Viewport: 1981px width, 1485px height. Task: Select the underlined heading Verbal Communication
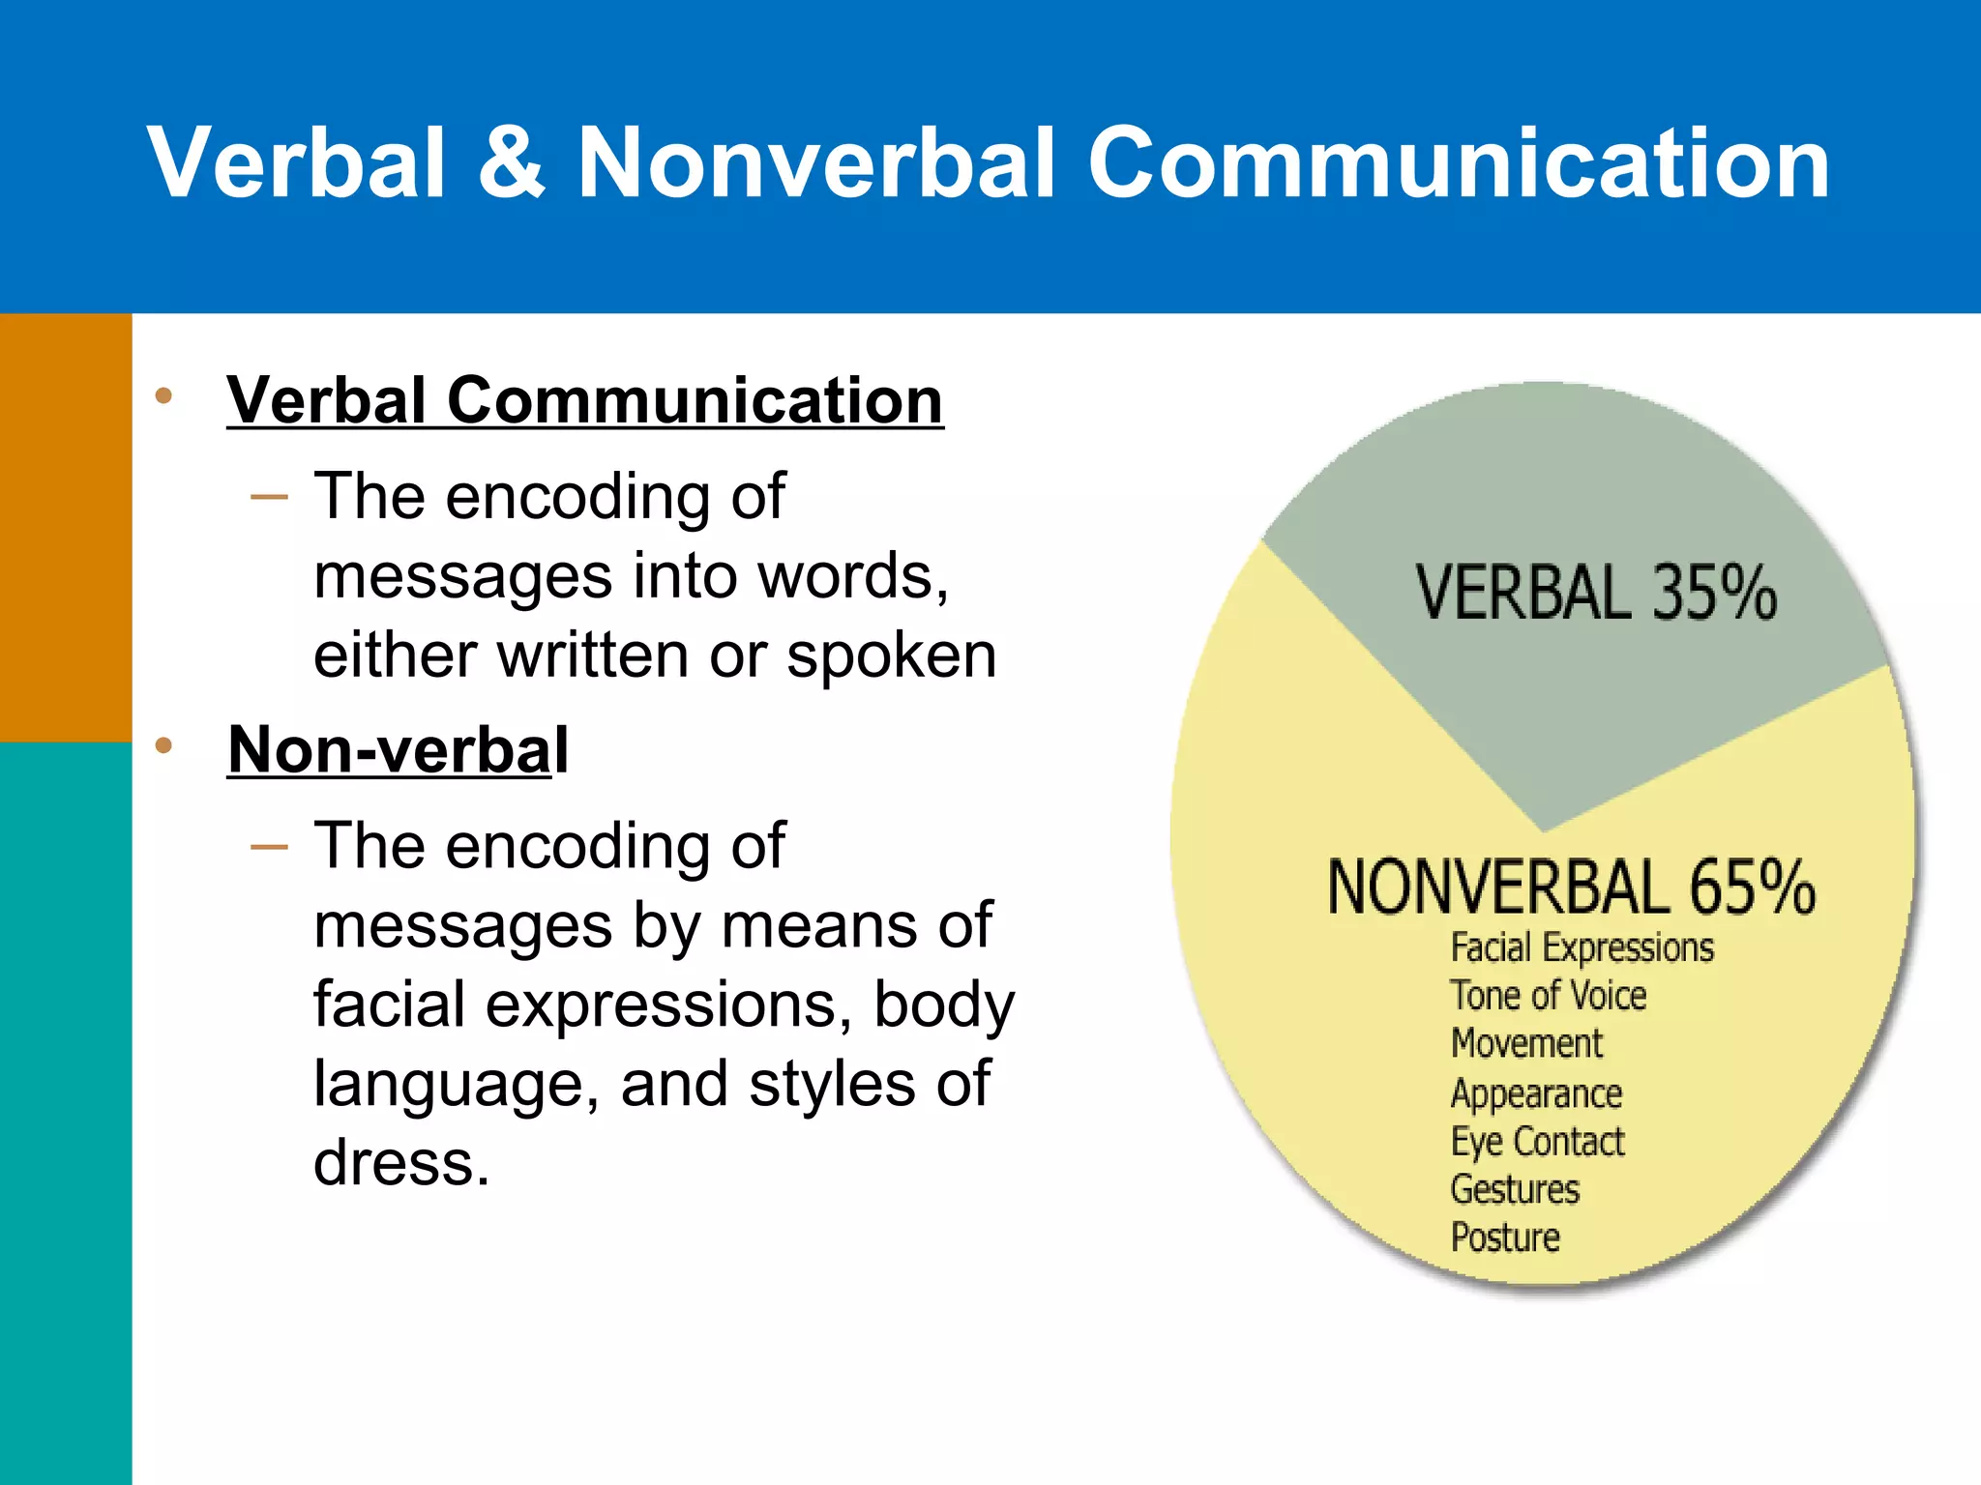(584, 400)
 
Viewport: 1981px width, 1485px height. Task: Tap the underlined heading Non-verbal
(398, 750)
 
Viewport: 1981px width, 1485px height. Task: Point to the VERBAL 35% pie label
(1596, 592)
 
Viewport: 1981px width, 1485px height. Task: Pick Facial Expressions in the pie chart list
(1582, 947)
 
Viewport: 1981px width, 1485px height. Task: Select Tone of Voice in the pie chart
(1548, 996)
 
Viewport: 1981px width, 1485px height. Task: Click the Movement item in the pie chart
(1526, 1044)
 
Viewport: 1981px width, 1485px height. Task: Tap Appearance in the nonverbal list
(1536, 1093)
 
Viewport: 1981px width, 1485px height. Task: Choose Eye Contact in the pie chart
(1537, 1142)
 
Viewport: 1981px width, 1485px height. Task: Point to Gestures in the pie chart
(1515, 1189)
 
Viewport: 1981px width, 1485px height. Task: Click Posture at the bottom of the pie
(1505, 1237)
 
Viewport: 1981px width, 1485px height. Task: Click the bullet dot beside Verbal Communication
(163, 395)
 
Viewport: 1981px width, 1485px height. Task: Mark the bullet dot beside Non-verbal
(163, 745)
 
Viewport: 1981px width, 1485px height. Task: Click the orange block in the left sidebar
(66, 527)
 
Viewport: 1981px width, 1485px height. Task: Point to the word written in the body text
(595, 655)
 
